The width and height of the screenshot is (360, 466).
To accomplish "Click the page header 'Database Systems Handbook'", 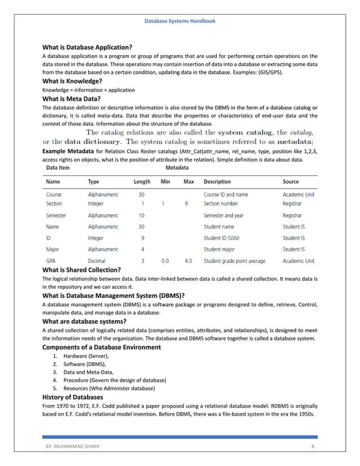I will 179,21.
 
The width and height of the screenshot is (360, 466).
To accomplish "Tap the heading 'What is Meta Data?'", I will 71,99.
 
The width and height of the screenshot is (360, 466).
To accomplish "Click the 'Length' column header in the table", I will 142,182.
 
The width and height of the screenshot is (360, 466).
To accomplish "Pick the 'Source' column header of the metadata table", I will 291,182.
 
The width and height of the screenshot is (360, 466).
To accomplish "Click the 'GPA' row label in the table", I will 50,261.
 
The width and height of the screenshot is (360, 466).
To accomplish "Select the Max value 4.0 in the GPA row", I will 188,261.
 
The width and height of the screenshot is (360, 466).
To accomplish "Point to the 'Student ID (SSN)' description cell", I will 225,238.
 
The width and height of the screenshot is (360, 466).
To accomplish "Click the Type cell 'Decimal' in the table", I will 96,261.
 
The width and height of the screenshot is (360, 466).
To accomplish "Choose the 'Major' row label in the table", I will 52,249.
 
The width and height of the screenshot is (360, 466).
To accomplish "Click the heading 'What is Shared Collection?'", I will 82,270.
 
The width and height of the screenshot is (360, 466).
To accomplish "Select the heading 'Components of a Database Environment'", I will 102,347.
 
